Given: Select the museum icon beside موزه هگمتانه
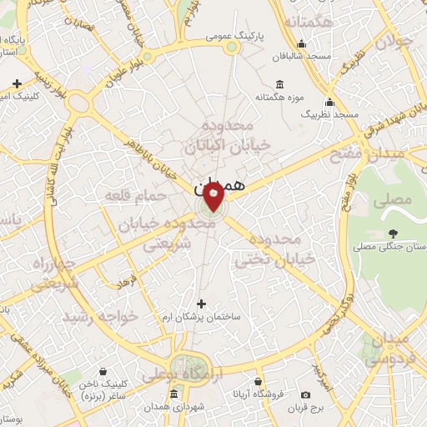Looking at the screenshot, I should pyautogui.click(x=279, y=84).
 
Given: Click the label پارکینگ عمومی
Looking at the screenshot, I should pyautogui.click(x=237, y=38).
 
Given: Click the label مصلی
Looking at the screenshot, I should pyautogui.click(x=396, y=200).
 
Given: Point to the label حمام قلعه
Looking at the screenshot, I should pyautogui.click(x=132, y=195).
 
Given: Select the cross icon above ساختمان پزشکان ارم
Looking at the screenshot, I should pyautogui.click(x=199, y=304).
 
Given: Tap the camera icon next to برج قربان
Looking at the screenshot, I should pyautogui.click(x=306, y=394).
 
